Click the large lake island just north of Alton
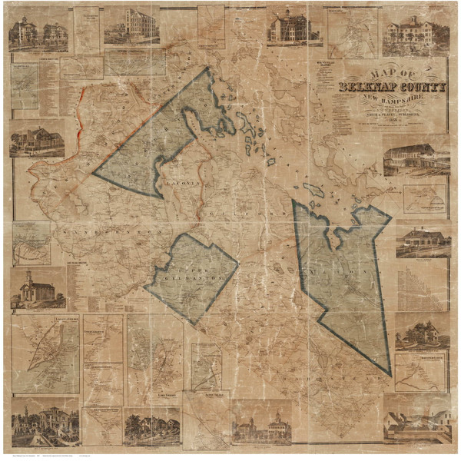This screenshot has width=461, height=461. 314,189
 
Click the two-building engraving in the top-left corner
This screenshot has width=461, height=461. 38,33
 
